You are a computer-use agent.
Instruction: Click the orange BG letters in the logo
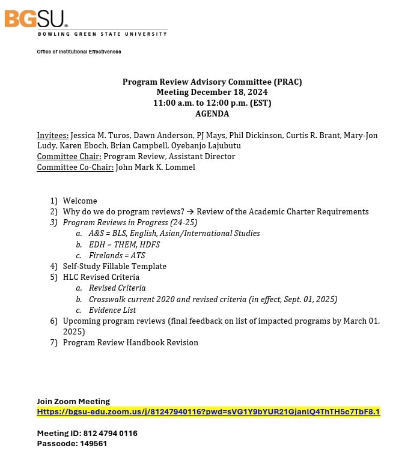(20, 19)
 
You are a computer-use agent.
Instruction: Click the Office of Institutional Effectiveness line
(79, 52)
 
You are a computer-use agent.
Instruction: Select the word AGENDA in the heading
(212, 114)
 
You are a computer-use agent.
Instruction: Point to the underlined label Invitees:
(53, 136)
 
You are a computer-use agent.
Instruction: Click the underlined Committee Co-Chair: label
(75, 167)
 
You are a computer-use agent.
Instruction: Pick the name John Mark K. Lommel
(155, 167)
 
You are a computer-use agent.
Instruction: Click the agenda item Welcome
(80, 201)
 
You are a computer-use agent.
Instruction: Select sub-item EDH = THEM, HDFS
(124, 244)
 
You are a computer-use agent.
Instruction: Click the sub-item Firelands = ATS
(117, 255)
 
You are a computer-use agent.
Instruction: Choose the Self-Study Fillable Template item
(114, 266)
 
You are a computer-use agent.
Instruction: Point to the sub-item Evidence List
(112, 310)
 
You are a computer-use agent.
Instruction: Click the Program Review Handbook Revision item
(130, 342)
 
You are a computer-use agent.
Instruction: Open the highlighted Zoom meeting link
(208, 412)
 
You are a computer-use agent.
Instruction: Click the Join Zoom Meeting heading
(73, 401)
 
